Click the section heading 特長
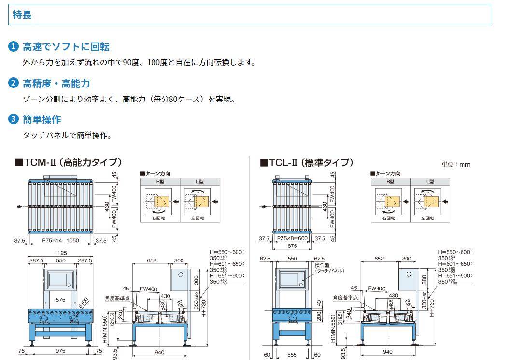pyautogui.click(x=22, y=15)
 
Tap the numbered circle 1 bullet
pyautogui.click(x=14, y=46)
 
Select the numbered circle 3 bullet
pyautogui.click(x=14, y=119)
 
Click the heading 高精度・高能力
pyautogui.click(x=56, y=83)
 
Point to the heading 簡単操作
pyautogui.click(x=42, y=119)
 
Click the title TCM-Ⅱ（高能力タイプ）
pyautogui.click(x=69, y=162)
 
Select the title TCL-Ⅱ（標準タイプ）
pyautogui.click(x=307, y=162)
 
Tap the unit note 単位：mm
pyautogui.click(x=455, y=164)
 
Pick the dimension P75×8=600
pyautogui.click(x=292, y=238)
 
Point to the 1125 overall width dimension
pyautogui.click(x=60, y=253)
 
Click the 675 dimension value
pyautogui.click(x=292, y=246)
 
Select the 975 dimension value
pyautogui.click(x=60, y=351)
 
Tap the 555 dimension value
pyautogui.click(x=292, y=355)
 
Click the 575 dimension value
pyautogui.click(x=60, y=300)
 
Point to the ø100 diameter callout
pyautogui.click(x=83, y=301)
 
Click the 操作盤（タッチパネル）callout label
pyautogui.click(x=329, y=268)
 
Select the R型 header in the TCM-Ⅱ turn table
pyautogui.click(x=160, y=182)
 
